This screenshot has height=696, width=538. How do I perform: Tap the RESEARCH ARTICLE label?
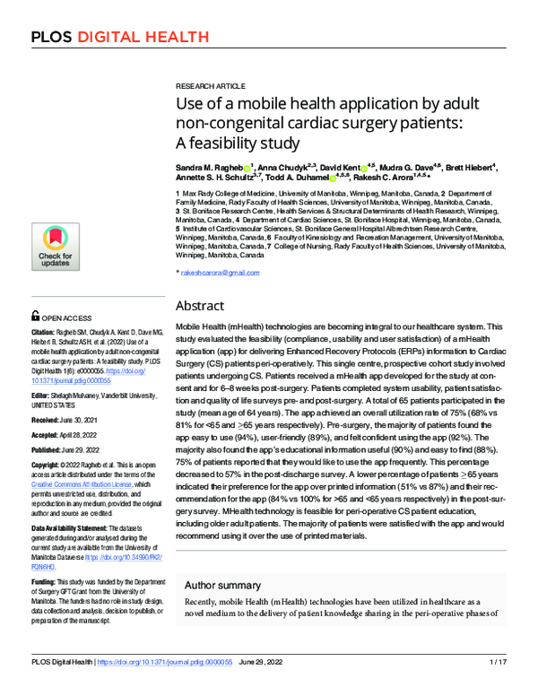(x=207, y=80)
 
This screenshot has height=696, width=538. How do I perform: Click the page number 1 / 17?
(x=498, y=686)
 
